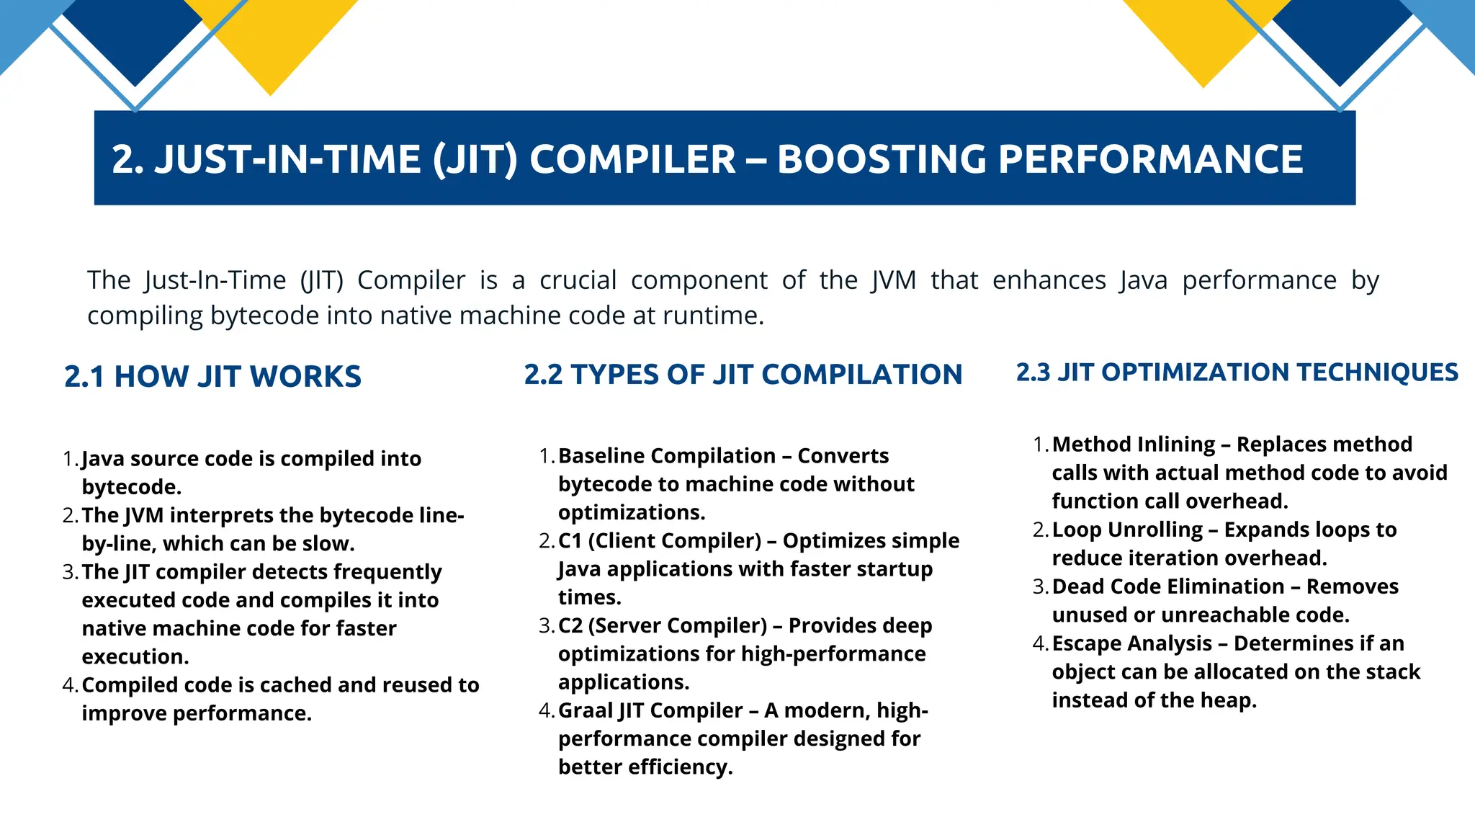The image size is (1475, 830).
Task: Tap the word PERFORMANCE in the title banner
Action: (x=1150, y=159)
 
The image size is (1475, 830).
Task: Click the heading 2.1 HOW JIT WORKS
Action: (x=212, y=377)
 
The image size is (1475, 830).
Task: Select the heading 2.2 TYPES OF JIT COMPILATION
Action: (x=743, y=375)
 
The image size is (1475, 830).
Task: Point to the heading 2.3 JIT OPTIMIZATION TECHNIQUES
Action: (x=1237, y=372)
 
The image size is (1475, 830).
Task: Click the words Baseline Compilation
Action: (x=666, y=456)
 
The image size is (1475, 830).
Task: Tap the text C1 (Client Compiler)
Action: (x=659, y=541)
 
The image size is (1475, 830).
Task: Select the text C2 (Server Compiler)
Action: (x=662, y=626)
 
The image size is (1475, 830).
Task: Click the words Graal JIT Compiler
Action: (x=650, y=711)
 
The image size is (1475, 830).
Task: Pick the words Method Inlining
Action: (x=1133, y=445)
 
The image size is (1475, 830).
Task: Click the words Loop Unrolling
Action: (x=1127, y=530)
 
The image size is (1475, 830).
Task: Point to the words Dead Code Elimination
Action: (x=1167, y=587)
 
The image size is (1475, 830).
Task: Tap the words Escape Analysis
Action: (x=1131, y=643)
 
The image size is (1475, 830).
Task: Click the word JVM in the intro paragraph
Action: (x=893, y=280)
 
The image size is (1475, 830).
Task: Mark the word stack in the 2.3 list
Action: (x=1396, y=672)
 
